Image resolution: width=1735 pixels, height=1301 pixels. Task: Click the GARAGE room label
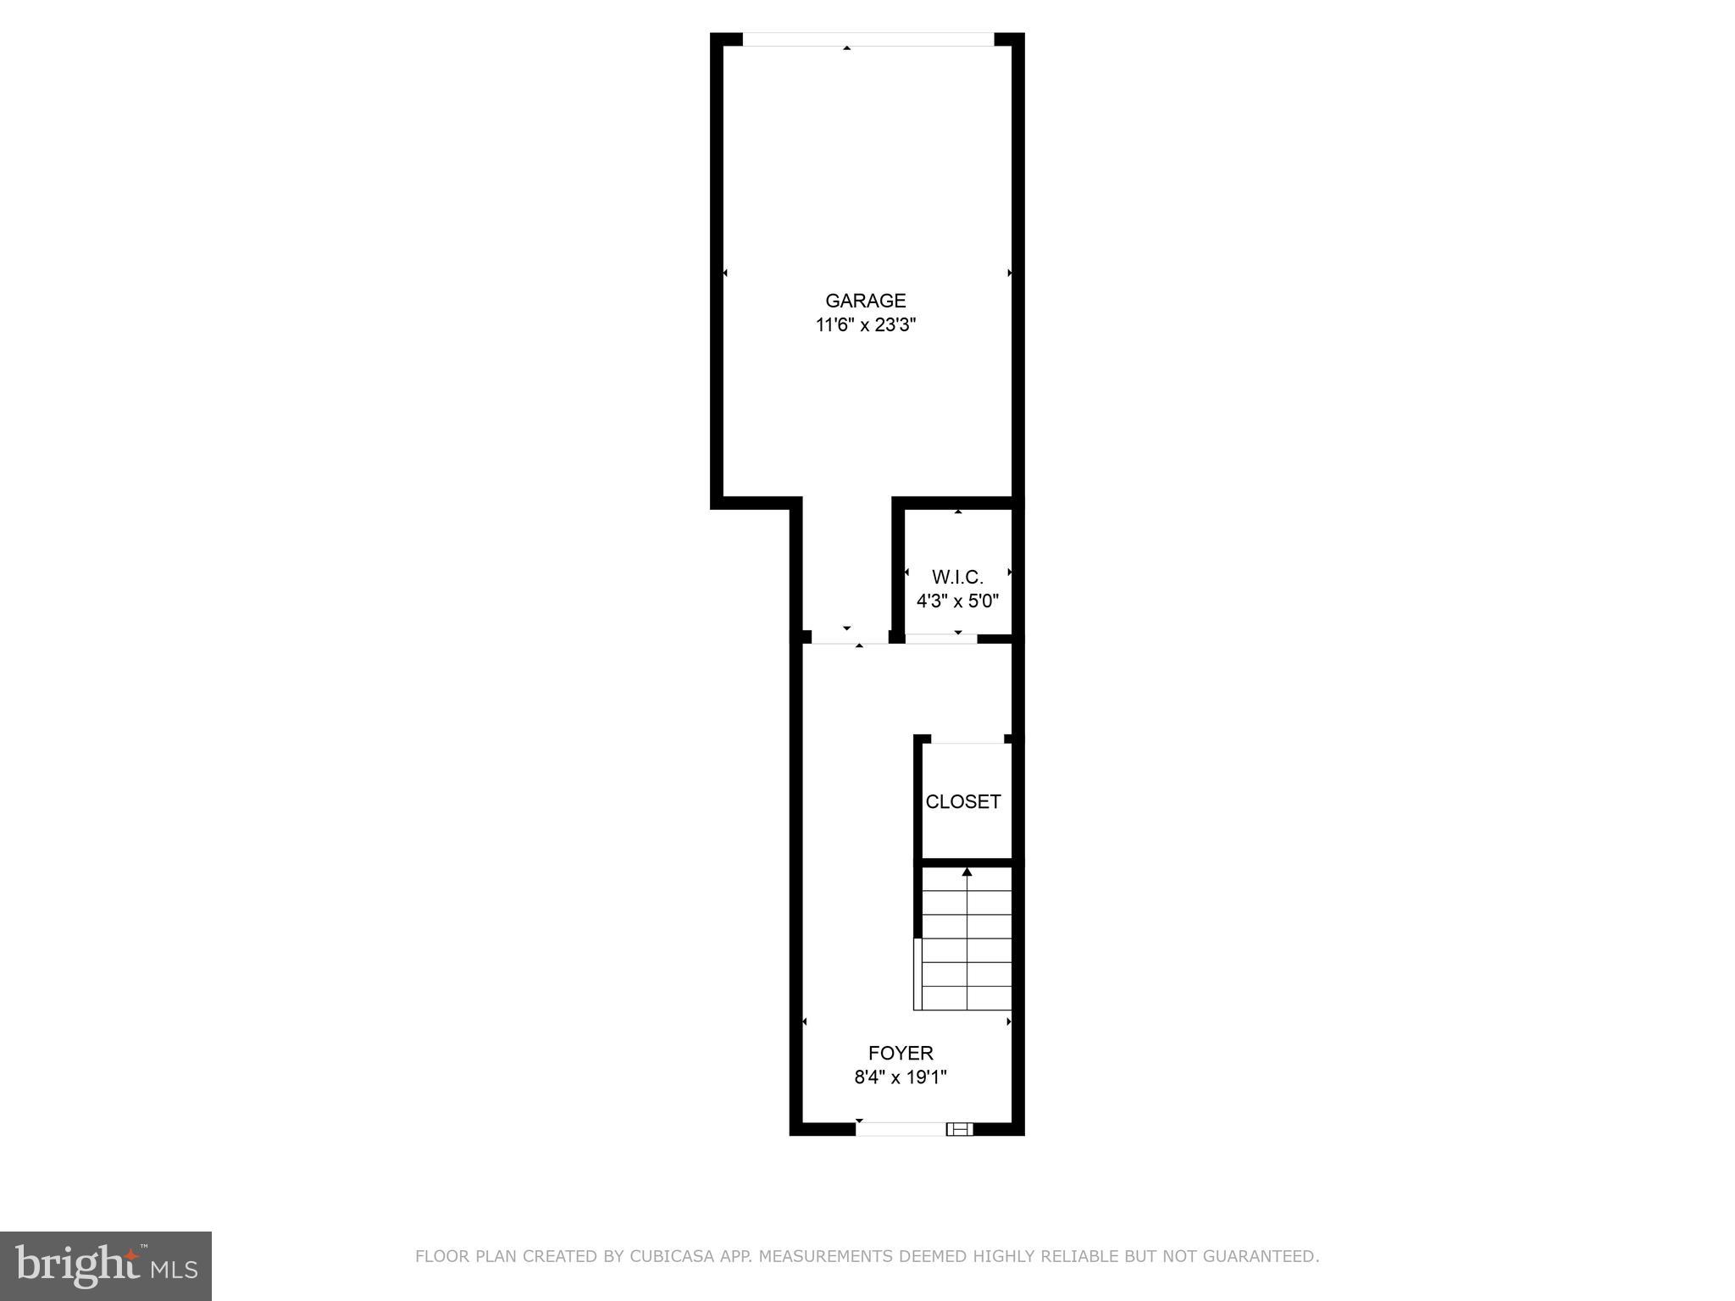[x=865, y=301]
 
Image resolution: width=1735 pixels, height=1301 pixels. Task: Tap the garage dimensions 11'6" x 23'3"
[x=865, y=325]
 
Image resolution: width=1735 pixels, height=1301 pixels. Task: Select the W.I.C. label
[x=957, y=578]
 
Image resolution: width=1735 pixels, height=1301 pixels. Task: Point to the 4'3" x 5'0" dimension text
[x=957, y=602]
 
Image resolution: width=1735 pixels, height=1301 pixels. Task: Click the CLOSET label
[x=963, y=802]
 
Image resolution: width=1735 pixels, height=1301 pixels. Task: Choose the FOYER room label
[x=901, y=1053]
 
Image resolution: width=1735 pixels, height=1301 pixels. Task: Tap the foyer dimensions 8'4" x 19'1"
[x=900, y=1077]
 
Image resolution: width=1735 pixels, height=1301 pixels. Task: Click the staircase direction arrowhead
[x=967, y=872]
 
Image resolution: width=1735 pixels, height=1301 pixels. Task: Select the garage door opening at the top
[x=867, y=39]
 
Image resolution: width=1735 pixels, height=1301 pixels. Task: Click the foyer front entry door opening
[x=901, y=1128]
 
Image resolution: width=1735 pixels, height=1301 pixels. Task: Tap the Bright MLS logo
[x=106, y=1266]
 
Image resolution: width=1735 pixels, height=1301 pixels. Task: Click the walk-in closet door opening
[x=941, y=639]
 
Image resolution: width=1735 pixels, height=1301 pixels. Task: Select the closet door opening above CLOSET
[x=967, y=739]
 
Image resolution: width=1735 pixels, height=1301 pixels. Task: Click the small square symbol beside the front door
[x=959, y=1128]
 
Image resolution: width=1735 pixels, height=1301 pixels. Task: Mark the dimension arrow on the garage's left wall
[x=725, y=273]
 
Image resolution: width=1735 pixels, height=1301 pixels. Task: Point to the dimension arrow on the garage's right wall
[x=1009, y=273]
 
